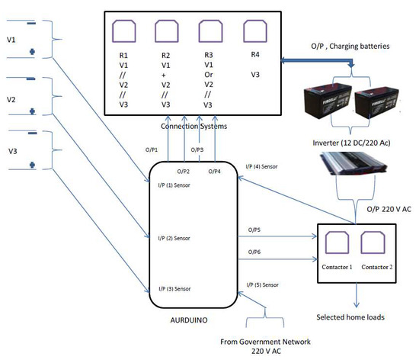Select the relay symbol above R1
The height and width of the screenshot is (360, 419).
pos(123,31)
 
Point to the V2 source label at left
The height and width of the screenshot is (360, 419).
pos(11,100)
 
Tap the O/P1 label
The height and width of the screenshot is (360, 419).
pos(152,149)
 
